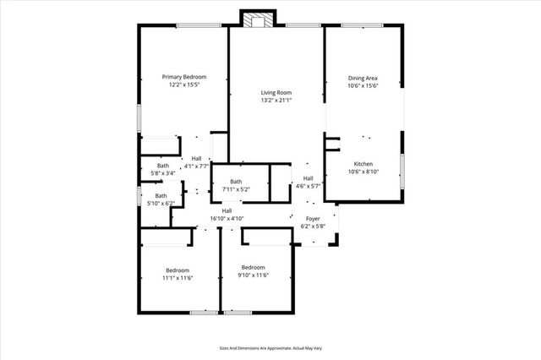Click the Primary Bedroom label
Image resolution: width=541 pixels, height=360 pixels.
click(183, 77)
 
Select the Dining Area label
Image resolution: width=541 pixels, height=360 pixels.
click(363, 77)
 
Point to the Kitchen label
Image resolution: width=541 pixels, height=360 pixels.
click(363, 164)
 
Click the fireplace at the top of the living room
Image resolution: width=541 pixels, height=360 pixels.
click(256, 19)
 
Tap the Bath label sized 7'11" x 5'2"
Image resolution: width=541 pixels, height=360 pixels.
click(236, 182)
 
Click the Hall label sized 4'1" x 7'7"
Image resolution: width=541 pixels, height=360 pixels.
click(196, 159)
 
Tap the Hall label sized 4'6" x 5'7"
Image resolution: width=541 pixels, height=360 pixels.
click(309, 178)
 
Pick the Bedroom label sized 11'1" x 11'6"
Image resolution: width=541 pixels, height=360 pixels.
click(178, 270)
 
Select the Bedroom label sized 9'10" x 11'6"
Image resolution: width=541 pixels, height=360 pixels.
click(254, 270)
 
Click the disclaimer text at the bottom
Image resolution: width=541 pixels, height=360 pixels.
click(270, 346)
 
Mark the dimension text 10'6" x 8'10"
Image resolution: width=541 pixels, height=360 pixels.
click(363, 172)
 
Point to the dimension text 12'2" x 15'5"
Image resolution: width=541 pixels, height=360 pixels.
click(183, 85)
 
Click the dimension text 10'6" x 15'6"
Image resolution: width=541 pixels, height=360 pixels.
click(363, 85)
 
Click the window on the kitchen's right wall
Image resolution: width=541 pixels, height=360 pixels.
click(402, 169)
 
